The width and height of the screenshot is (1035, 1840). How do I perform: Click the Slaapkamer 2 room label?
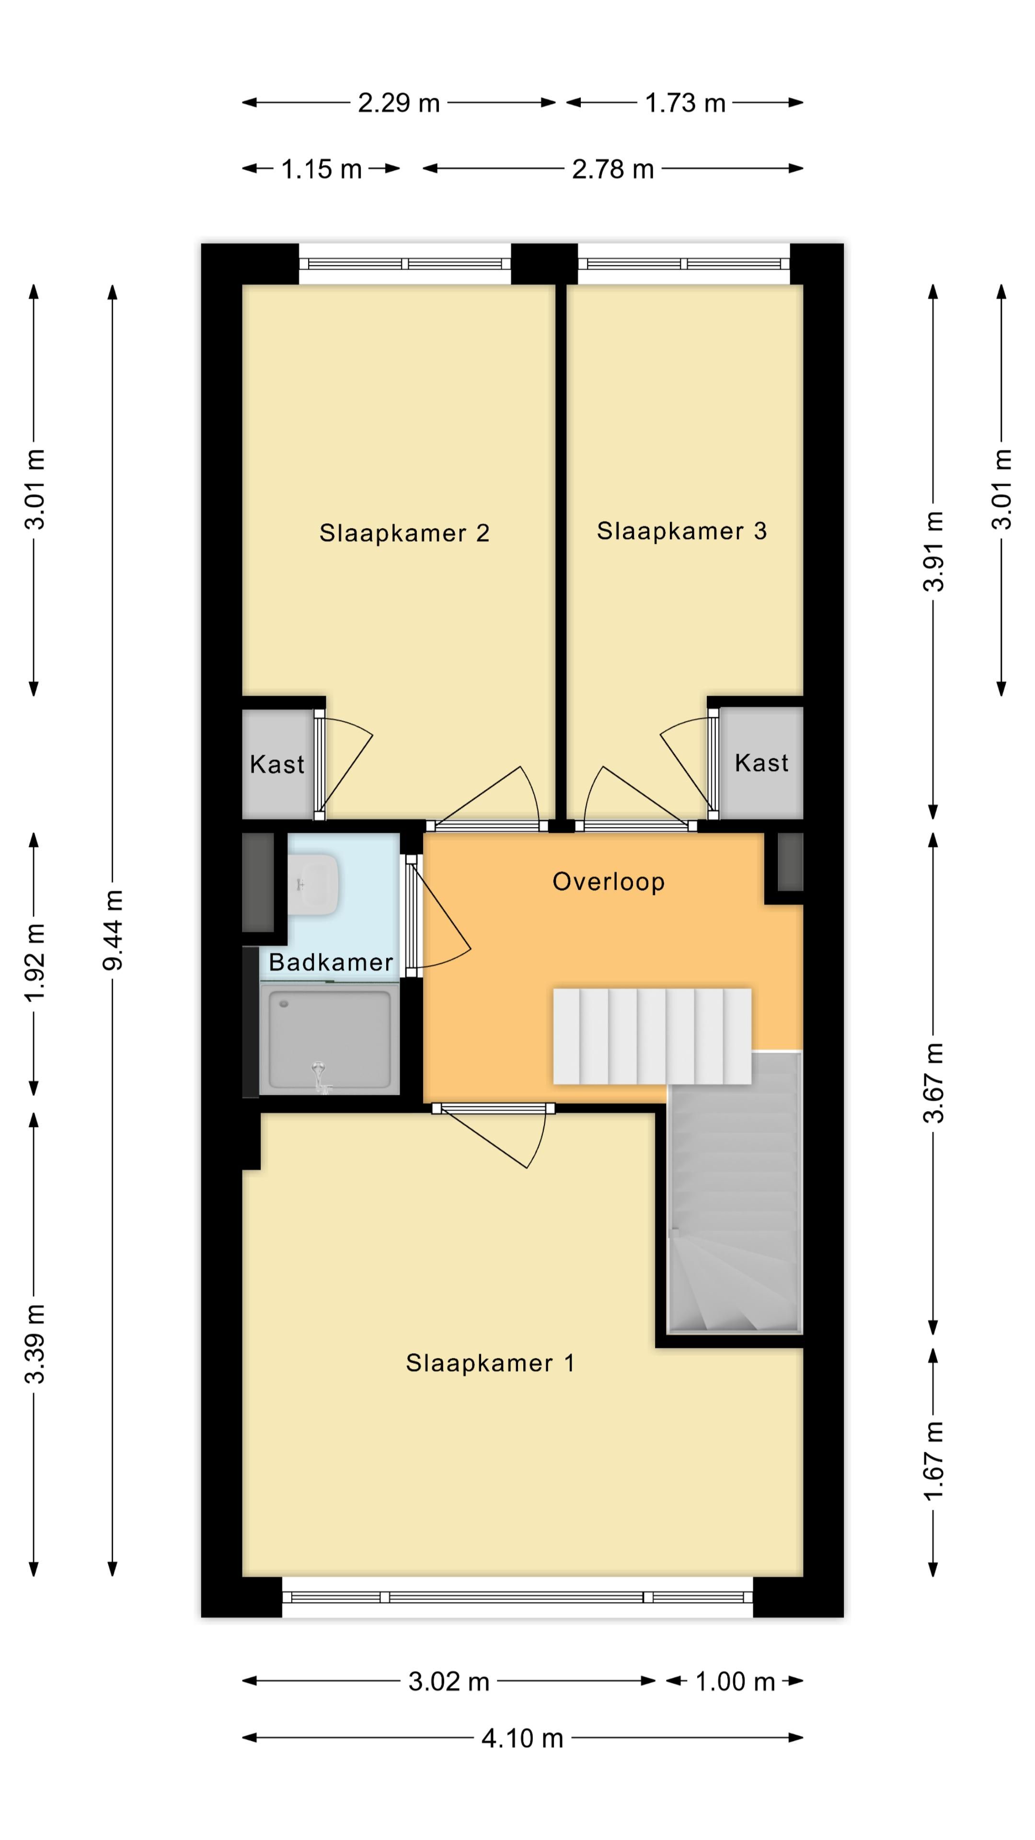pos(404,533)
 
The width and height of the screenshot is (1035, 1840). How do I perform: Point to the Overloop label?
pos(609,882)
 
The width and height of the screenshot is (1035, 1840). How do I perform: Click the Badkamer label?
pos(331,962)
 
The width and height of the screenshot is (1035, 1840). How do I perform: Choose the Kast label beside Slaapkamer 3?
pos(761,763)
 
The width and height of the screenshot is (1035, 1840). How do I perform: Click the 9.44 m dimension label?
pos(113,930)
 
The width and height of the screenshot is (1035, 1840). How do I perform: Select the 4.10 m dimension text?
pos(522,1738)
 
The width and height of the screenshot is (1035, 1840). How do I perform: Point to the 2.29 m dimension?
pos(399,103)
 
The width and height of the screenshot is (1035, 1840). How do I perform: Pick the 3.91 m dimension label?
pos(933,552)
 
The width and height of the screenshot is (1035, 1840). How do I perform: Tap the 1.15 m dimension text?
pos(322,169)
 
